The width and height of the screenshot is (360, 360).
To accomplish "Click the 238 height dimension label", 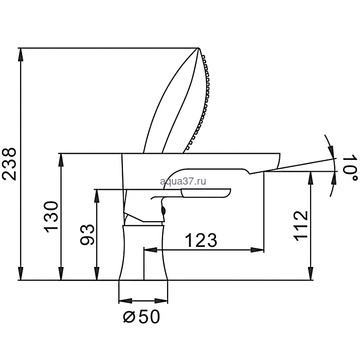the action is (x=9, y=164).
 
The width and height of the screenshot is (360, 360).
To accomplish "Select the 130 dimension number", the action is (x=51, y=217).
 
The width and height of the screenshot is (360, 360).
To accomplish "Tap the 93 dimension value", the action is (x=87, y=235).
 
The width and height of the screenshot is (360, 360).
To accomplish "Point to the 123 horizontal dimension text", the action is (x=201, y=240).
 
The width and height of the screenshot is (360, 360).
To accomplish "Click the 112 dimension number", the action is (x=301, y=226).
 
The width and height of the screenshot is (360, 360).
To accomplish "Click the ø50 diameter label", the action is (x=141, y=317).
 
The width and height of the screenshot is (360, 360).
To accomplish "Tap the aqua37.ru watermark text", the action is (x=183, y=181).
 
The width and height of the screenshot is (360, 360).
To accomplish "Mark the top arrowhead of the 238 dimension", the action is (x=21, y=55).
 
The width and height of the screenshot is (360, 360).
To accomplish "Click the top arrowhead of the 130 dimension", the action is (x=61, y=160).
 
